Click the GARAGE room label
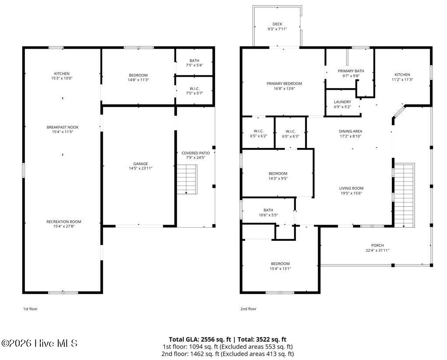click(x=141, y=164)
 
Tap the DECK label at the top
click(x=277, y=24)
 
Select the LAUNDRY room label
click(x=342, y=102)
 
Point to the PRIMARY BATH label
click(x=351, y=71)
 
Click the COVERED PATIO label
click(x=196, y=153)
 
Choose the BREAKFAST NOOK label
click(x=63, y=127)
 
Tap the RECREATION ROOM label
click(x=64, y=222)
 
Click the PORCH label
click(x=377, y=245)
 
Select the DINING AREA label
click(x=350, y=131)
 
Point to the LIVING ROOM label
click(x=351, y=188)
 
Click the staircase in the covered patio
click(x=187, y=180)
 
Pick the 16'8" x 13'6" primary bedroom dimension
click(x=284, y=88)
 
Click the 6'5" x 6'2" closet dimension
click(x=258, y=136)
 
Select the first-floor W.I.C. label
click(x=194, y=89)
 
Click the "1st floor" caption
click(x=30, y=309)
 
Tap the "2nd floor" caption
click(x=248, y=309)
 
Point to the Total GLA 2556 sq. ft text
click(x=200, y=339)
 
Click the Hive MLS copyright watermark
click(x=39, y=343)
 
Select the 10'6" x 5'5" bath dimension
click(x=268, y=215)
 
